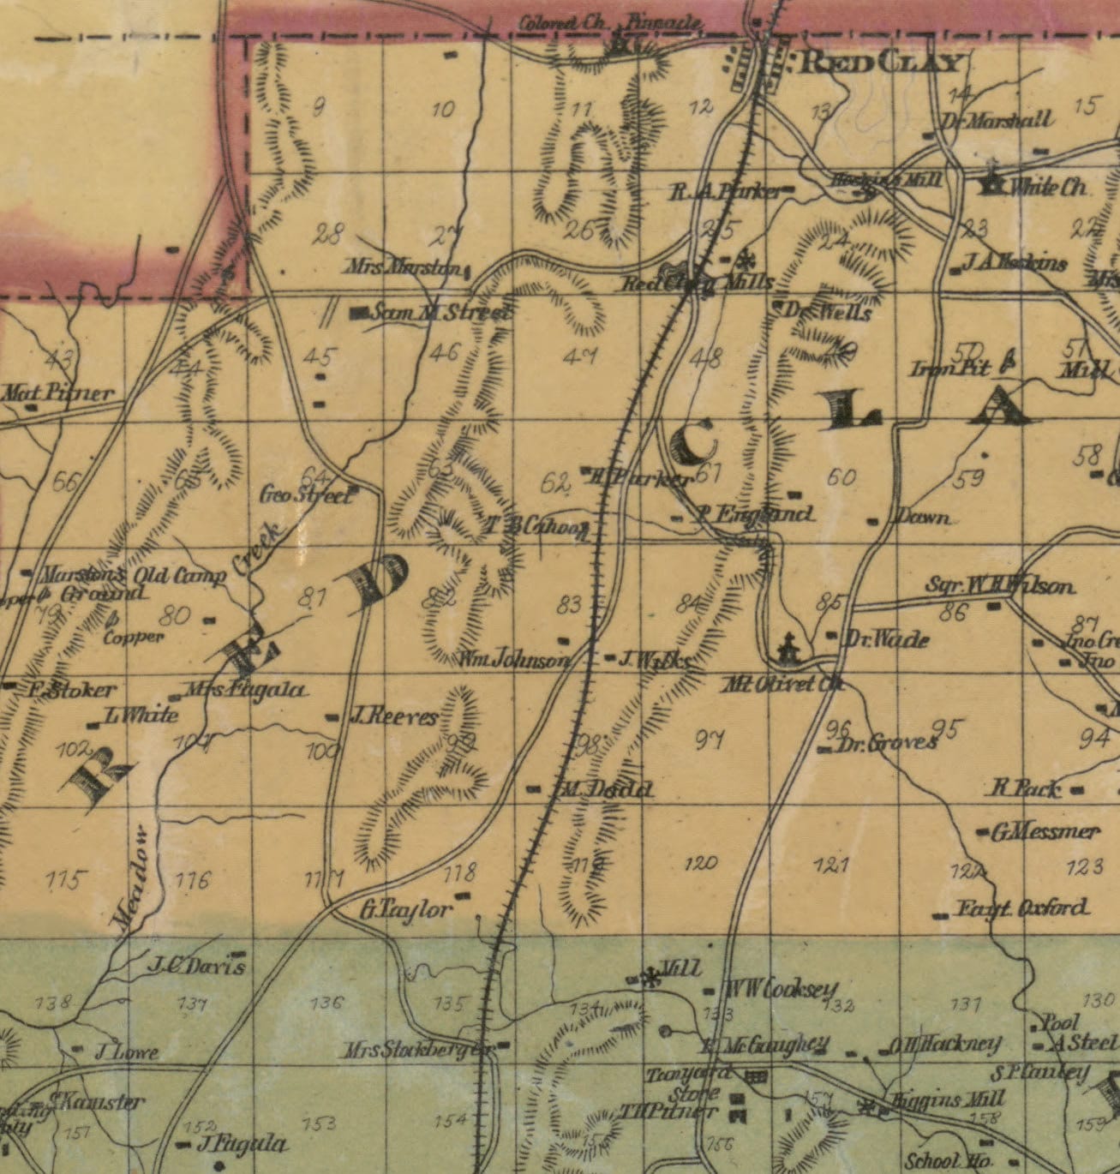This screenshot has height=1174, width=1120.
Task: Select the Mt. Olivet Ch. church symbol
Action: [786, 649]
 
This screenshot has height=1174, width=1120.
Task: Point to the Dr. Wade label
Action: [887, 639]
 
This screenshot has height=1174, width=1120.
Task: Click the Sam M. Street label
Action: [441, 313]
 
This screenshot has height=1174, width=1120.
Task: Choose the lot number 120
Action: [702, 863]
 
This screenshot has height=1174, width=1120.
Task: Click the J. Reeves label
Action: [393, 717]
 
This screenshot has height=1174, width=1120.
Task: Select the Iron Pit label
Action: [949, 369]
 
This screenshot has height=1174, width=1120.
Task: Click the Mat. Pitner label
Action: [58, 394]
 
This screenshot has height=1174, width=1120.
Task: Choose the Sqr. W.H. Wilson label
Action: [999, 587]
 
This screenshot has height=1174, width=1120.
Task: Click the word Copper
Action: [133, 638]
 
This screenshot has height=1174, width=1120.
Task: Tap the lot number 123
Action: [1085, 867]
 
